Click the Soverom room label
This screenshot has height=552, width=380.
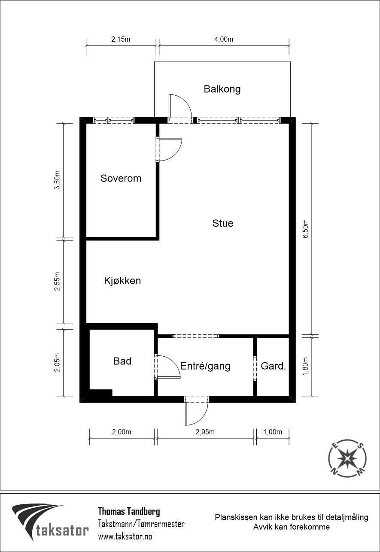tap(121, 178)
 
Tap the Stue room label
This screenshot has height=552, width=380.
tap(223, 223)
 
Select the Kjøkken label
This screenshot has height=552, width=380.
tap(122, 281)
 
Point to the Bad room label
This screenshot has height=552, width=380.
tap(122, 361)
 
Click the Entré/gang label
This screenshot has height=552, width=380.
tap(205, 366)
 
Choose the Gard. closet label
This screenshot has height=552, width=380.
tap(273, 366)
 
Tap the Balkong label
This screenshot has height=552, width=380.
tap(222, 89)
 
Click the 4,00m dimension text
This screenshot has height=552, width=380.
tap(224, 39)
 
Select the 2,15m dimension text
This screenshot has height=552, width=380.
tap(121, 39)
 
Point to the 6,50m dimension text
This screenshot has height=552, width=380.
tap(305, 231)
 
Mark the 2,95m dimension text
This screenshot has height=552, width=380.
tap(205, 432)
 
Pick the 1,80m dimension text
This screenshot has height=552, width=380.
tap(305, 367)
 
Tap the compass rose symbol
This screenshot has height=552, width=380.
tap(347, 459)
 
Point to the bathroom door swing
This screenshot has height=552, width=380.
tap(168, 367)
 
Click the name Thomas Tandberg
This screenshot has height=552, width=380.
tap(129, 511)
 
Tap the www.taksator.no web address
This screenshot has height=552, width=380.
tap(125, 536)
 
